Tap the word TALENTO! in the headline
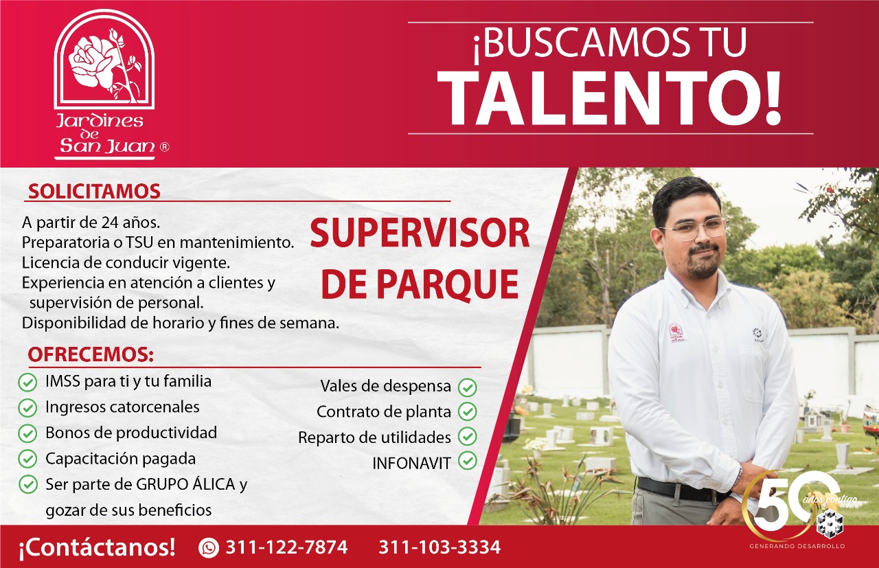pos(610,98)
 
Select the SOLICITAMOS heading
pos(94,192)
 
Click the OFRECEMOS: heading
pos(91,354)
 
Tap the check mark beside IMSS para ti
pos(27,382)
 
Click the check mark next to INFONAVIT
pos(468,460)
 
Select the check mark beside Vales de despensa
pos(468,387)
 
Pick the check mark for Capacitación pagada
pos(27,459)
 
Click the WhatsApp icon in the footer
pos(208,547)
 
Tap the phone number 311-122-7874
pos(287,547)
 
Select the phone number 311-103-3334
pos(439,547)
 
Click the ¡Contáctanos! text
pos(97,547)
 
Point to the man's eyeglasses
pos(696,229)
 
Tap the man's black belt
pos(683,489)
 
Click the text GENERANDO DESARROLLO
pos(797,546)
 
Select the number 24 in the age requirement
pos(109,223)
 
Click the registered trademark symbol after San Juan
pos(165,147)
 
